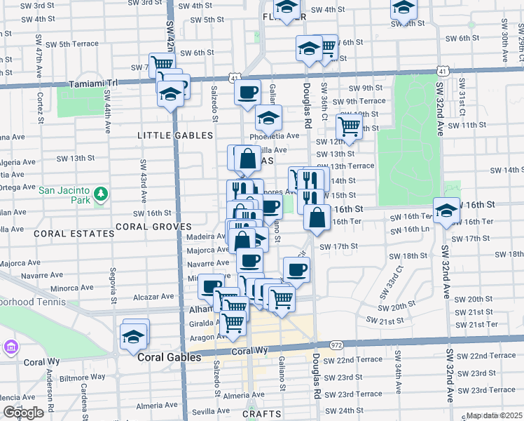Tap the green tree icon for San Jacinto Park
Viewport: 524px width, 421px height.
click(101, 192)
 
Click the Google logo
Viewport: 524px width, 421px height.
click(22, 413)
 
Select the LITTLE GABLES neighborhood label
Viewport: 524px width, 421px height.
click(175, 135)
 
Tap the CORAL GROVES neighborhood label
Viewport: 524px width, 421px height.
click(153, 227)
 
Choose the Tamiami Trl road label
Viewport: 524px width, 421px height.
click(95, 83)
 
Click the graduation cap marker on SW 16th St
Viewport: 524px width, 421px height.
click(446, 210)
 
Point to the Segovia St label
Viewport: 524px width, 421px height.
click(112, 282)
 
